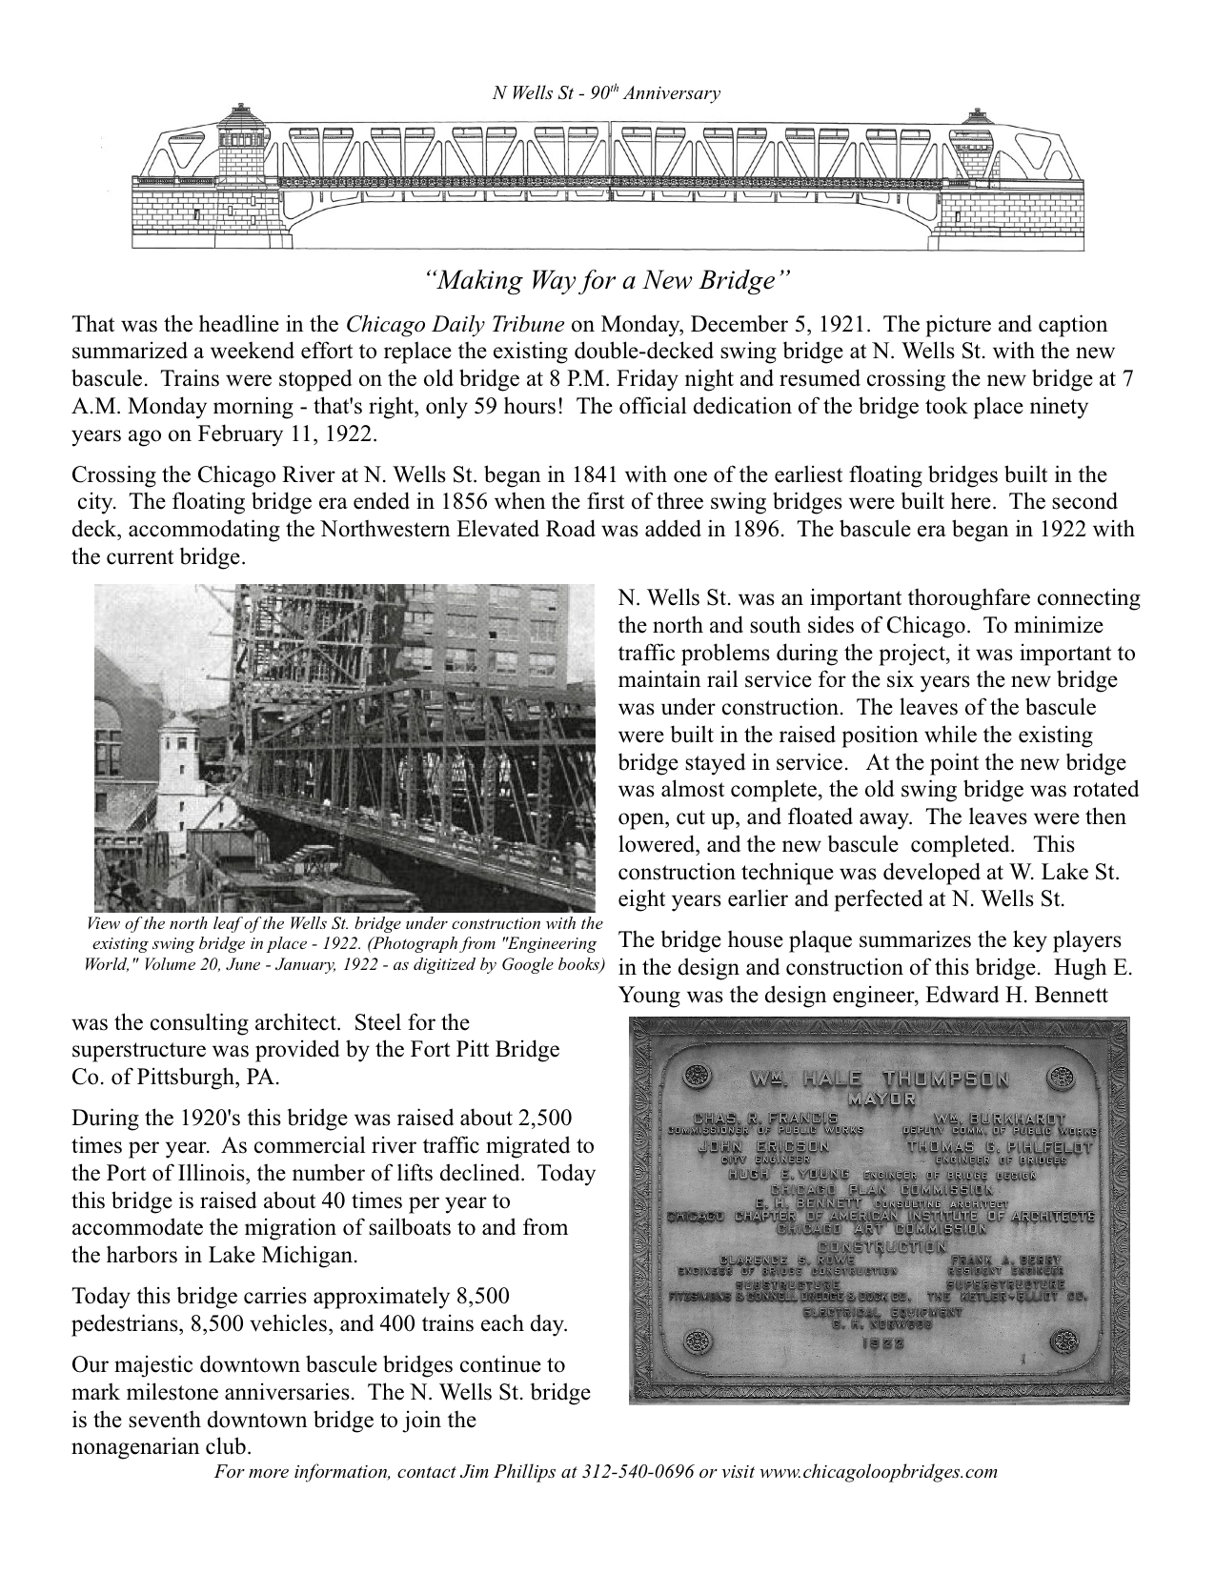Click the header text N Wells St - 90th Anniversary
pos(605,93)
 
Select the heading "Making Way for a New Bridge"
pos(608,281)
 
